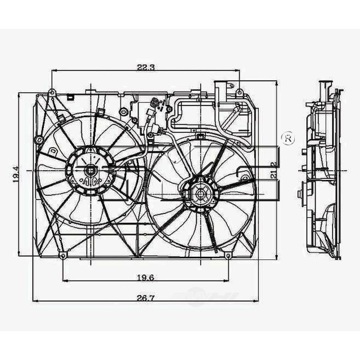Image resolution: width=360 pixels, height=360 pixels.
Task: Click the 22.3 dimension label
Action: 146,67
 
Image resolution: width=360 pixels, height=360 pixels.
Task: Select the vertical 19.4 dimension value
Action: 17,174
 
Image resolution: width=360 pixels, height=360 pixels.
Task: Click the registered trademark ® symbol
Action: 288,138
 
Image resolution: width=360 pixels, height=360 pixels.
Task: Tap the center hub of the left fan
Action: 91,170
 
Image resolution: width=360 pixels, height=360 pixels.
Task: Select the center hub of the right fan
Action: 200,193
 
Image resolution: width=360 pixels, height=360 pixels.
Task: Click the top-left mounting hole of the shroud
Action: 52,92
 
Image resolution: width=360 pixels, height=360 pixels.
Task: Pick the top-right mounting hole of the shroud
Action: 239,92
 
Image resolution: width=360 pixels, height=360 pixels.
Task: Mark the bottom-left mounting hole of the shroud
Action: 63,256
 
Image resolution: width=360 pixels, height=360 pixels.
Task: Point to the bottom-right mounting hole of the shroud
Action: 228,256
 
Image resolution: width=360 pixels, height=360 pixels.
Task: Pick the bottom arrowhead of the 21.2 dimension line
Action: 277,256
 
